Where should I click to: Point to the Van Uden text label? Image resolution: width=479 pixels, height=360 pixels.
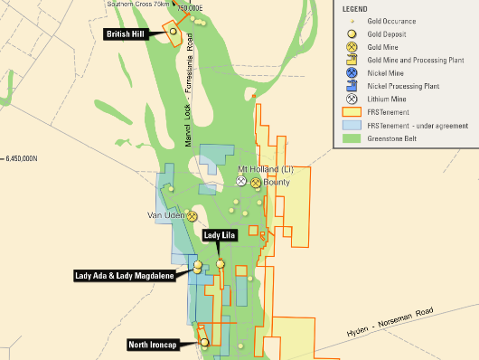(165, 216)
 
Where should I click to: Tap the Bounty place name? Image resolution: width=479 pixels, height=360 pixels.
(277, 182)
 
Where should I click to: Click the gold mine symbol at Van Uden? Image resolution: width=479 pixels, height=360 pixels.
(192, 216)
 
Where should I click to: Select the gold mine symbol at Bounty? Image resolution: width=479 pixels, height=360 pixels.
(256, 182)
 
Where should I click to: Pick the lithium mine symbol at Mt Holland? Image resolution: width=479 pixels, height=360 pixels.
(241, 181)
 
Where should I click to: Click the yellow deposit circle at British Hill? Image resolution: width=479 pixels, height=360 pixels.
(173, 31)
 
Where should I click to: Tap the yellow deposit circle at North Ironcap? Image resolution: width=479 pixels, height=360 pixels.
(205, 343)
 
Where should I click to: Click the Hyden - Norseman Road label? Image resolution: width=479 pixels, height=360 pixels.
(394, 324)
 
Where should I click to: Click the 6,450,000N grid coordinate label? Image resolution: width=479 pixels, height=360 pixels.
(19, 157)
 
